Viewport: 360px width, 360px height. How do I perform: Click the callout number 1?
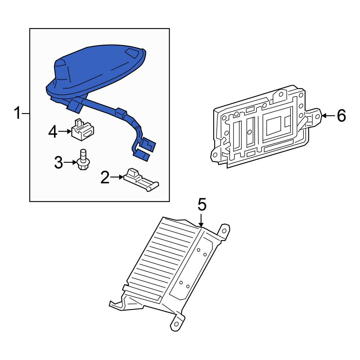click(x=17, y=113)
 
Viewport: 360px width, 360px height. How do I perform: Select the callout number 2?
click(x=105, y=177)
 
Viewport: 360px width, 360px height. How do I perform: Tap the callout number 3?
click(x=59, y=162)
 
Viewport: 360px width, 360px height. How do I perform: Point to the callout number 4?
click(x=53, y=132)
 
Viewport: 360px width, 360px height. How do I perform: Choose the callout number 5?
click(x=202, y=205)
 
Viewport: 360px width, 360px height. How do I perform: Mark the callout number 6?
click(x=341, y=116)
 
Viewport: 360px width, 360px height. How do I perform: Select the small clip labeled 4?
click(x=82, y=129)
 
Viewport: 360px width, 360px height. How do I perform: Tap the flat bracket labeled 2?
click(x=141, y=180)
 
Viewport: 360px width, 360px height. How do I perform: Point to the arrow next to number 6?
click(x=329, y=116)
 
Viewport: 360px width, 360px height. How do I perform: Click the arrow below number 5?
click(x=201, y=220)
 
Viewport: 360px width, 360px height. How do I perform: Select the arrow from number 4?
click(x=65, y=131)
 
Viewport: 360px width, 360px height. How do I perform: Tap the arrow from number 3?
click(x=70, y=162)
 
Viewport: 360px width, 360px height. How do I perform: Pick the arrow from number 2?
click(x=117, y=177)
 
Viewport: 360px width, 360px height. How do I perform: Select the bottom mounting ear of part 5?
click(x=177, y=323)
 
